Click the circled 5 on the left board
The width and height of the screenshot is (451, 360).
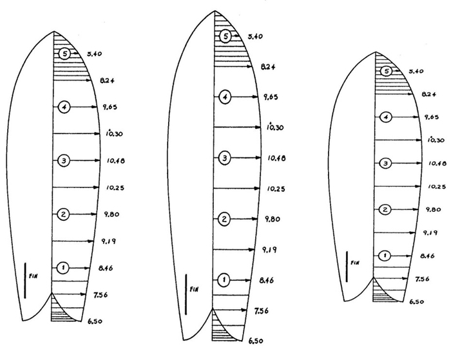pos(64,53)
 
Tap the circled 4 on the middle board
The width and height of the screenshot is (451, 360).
pos(225,97)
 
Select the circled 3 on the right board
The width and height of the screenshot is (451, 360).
pos(386,164)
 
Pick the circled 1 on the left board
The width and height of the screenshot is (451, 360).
pos(63,268)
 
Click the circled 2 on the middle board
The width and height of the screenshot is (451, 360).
pos(224,219)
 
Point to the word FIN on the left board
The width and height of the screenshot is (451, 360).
pos(34,276)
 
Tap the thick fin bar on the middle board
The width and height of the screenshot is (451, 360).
pos(186,294)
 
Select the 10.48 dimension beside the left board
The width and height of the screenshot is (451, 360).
pos(115,161)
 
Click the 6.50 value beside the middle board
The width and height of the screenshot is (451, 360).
pos(256,341)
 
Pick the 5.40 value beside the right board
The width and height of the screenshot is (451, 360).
pos(416,71)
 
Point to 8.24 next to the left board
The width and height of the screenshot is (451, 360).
pos(107,81)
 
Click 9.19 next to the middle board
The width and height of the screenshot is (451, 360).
pos(269,250)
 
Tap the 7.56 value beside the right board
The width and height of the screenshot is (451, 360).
pos(422,279)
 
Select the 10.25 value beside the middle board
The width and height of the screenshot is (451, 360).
pos(276,189)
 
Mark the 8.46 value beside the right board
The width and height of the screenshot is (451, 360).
pos(427,256)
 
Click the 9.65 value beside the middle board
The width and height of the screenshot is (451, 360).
pos(271,97)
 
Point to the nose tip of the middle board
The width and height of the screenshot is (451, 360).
pos(215,11)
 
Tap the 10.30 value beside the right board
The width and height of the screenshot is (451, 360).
pos(436,140)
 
